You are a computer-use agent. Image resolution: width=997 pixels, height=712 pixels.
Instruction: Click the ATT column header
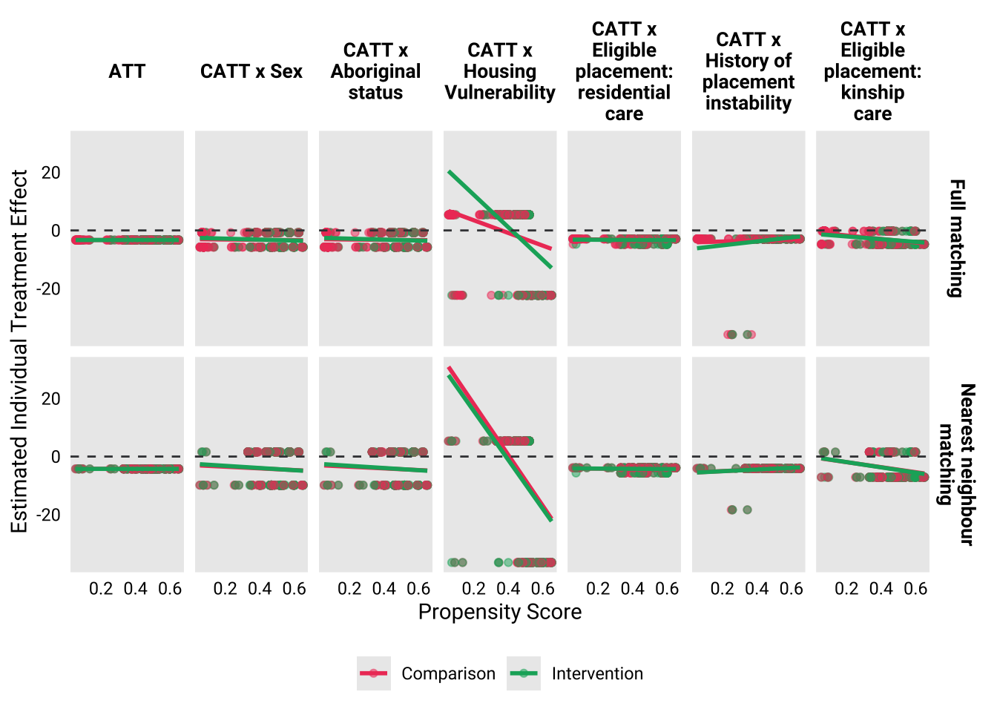point(127,71)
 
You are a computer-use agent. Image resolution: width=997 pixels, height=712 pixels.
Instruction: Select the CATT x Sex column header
point(251,71)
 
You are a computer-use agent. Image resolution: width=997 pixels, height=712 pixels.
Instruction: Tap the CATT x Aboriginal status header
point(375,71)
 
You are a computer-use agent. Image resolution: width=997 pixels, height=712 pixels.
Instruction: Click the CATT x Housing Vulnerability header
point(500,71)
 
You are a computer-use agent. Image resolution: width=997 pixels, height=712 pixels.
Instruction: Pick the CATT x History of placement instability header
point(748,71)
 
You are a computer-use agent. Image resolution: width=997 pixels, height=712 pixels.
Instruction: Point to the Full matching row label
point(957,238)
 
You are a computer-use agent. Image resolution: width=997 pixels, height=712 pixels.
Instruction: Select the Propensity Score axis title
point(500,612)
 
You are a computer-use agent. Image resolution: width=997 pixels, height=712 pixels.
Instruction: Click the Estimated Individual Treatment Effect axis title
point(19,351)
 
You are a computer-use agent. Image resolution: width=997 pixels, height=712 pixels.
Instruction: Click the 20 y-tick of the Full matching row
point(51,173)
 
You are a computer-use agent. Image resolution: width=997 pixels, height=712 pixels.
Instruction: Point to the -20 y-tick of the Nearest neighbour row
point(48,515)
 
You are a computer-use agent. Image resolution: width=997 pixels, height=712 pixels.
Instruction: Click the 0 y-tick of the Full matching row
point(56,231)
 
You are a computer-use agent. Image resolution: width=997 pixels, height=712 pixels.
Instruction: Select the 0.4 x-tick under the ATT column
point(136,589)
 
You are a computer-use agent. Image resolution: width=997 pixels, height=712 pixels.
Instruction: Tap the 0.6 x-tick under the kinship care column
point(915,589)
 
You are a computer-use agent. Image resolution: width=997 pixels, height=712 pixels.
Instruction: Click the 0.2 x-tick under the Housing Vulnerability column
point(474,589)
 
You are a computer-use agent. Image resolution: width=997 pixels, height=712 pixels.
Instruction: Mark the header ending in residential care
point(624,71)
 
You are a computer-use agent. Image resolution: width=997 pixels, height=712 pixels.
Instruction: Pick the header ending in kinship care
point(872,71)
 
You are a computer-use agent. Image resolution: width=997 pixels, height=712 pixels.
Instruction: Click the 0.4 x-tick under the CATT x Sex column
point(260,589)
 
